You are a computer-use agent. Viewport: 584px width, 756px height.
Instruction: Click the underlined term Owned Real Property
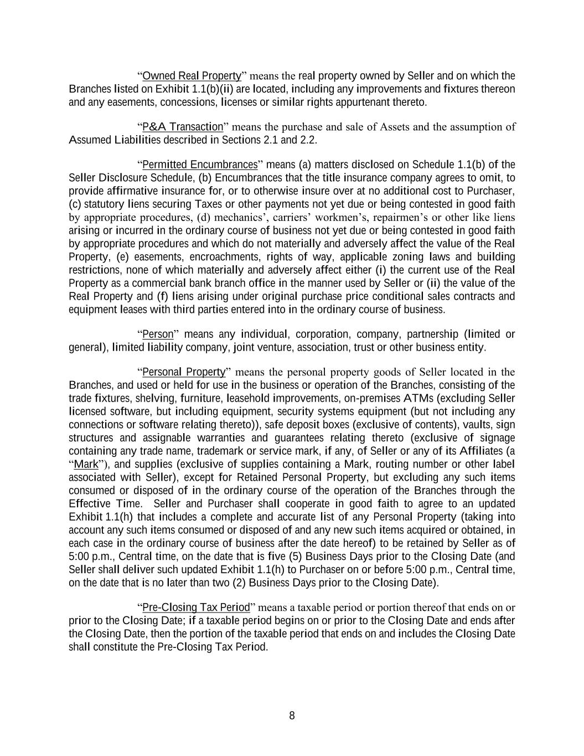click(x=192, y=76)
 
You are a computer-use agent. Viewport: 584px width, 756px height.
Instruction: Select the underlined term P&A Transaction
click(x=182, y=127)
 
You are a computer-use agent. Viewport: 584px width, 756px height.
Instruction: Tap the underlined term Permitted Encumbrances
click(x=200, y=164)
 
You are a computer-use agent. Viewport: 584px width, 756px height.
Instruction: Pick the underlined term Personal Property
click(x=184, y=372)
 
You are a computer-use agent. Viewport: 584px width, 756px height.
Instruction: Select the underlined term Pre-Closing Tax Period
click(x=196, y=608)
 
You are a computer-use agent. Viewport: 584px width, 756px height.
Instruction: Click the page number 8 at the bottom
click(x=292, y=716)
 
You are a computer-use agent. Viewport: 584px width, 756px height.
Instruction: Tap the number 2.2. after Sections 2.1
click(x=308, y=140)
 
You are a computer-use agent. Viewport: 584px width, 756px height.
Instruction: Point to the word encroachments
click(x=225, y=257)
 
